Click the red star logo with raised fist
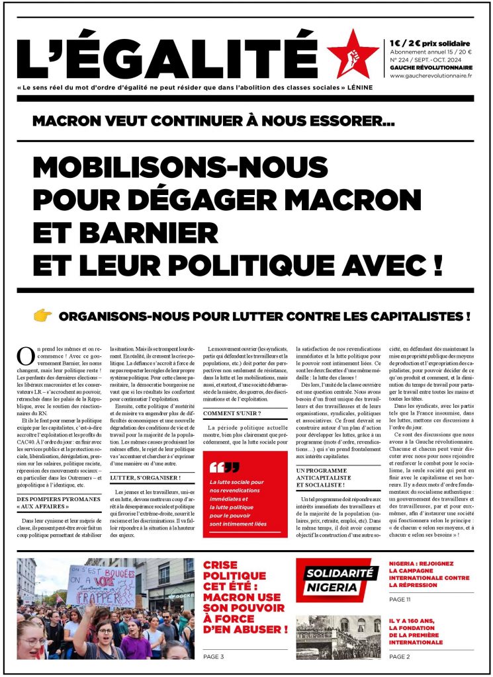coord(353,55)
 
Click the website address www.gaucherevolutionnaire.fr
coord(431,76)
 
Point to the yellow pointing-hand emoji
coord(42,317)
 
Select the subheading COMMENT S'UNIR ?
coord(232,413)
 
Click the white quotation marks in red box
coord(224,448)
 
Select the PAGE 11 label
coord(402,599)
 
